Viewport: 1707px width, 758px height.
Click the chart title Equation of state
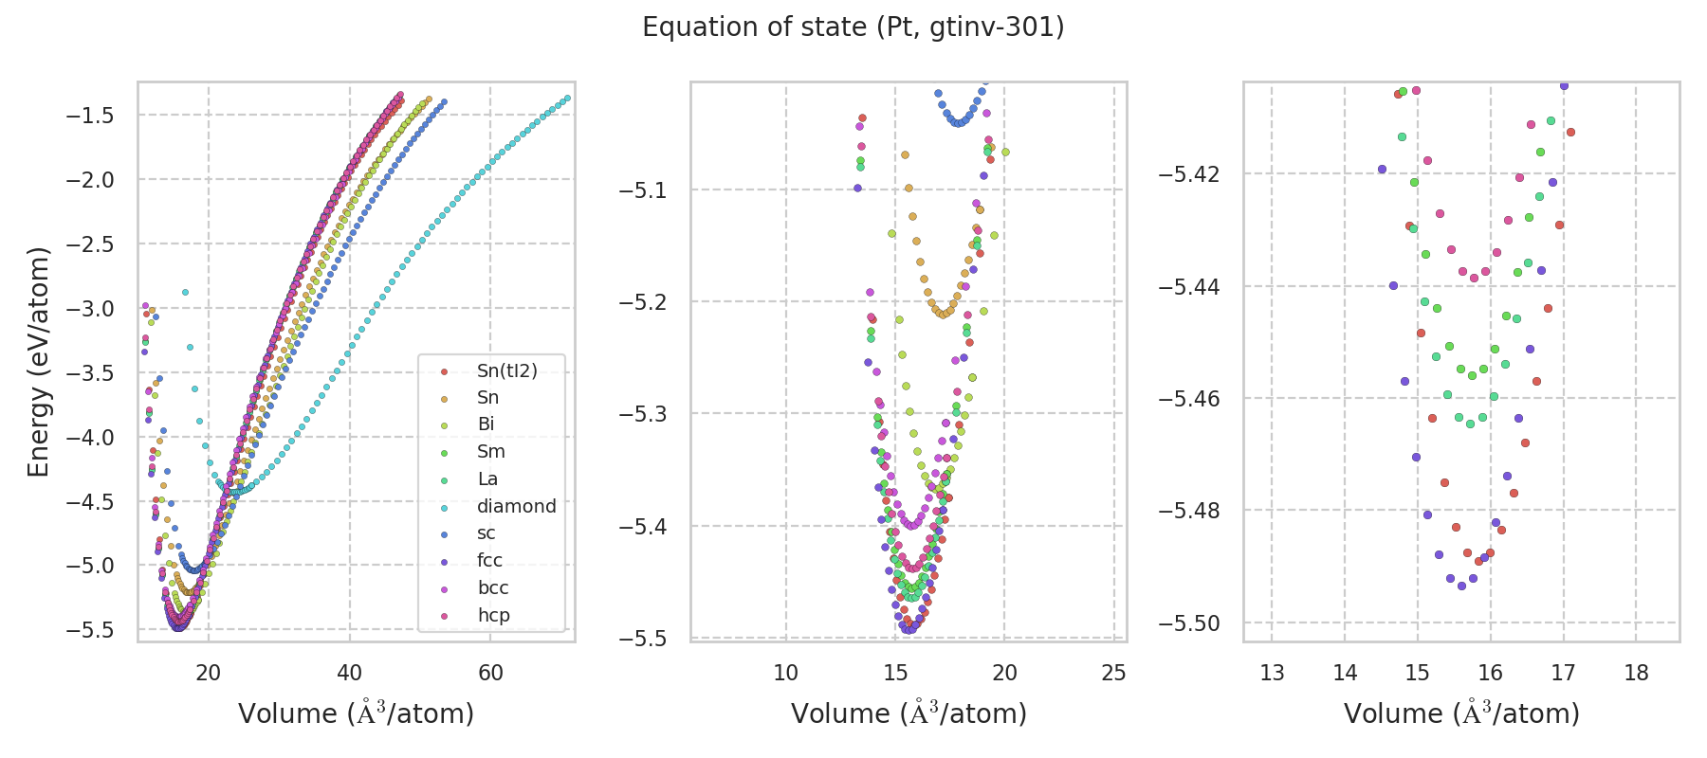tap(853, 27)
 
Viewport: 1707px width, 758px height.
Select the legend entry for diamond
tap(516, 506)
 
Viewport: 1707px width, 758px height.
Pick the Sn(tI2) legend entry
tap(506, 370)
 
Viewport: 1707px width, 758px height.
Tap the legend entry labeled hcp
tap(493, 615)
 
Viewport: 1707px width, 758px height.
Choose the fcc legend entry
tap(489, 560)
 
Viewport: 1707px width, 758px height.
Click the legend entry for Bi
tap(486, 424)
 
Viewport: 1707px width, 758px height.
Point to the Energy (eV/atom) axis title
tap(38, 361)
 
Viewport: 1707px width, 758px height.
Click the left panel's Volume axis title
tap(356, 713)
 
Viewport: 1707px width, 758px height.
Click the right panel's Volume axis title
tap(1461, 713)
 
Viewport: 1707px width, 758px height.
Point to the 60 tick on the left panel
tap(490, 673)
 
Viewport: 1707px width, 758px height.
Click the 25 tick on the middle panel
tap(1113, 673)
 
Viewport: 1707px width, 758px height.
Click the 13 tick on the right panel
tap(1272, 673)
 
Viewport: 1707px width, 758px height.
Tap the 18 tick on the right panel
tap(1636, 673)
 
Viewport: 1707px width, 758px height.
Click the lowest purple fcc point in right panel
tap(1461, 586)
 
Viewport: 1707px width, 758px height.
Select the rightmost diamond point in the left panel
tap(567, 98)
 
